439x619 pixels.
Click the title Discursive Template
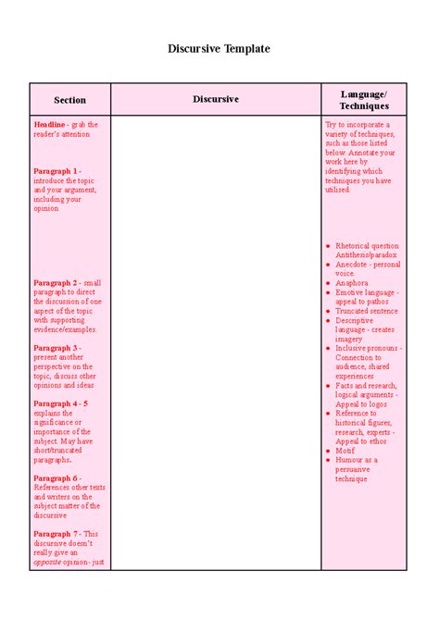[x=219, y=48]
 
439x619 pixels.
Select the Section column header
[x=69, y=100]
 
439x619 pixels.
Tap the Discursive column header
[x=216, y=99]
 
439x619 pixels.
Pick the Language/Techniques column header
[x=364, y=100]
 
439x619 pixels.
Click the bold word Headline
[x=50, y=124]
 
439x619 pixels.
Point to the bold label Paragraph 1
[x=56, y=171]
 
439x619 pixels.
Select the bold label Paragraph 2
[x=56, y=283]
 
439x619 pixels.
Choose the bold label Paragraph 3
[x=56, y=348]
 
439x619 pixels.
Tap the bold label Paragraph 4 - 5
[x=61, y=403]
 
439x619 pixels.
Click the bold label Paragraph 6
[x=56, y=478]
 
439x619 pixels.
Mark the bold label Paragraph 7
[x=56, y=534]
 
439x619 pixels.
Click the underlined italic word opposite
[x=48, y=562]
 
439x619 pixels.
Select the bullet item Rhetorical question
[x=367, y=246]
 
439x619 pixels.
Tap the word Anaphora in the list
[x=352, y=283]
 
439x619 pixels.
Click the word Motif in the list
[x=345, y=451]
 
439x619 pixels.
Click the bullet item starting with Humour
[x=357, y=460]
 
